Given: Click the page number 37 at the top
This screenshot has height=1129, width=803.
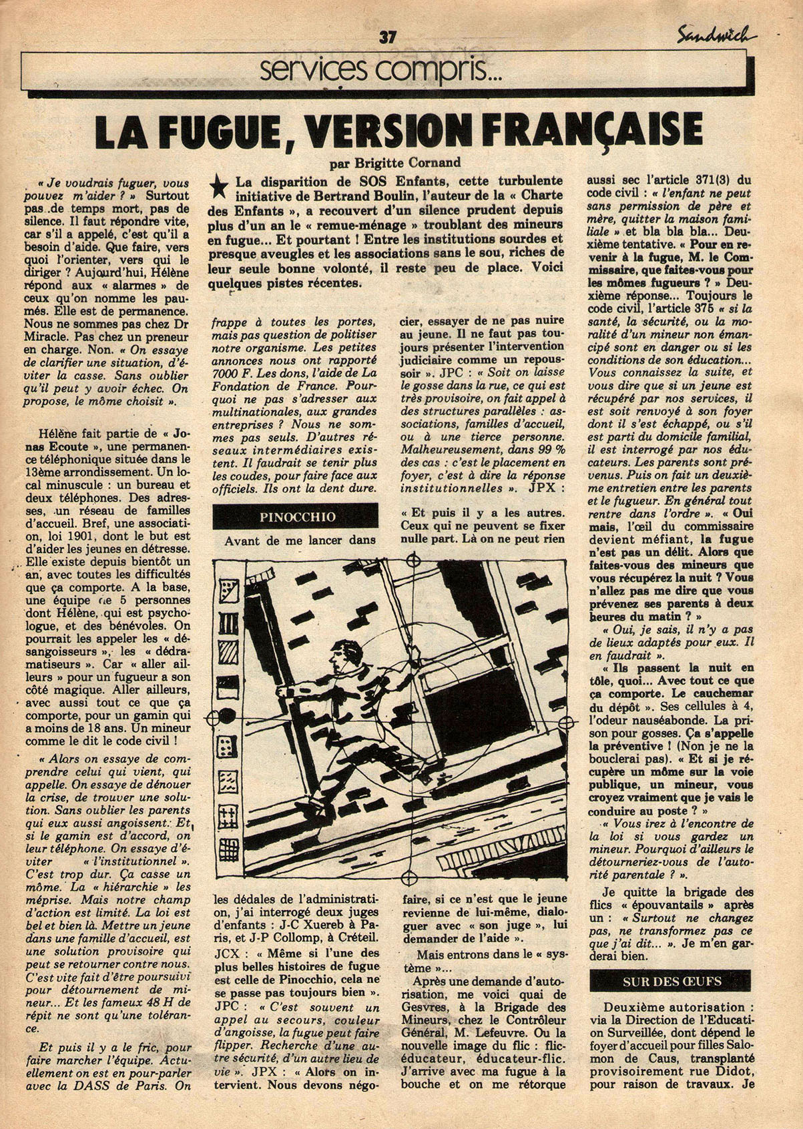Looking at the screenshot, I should (387, 38).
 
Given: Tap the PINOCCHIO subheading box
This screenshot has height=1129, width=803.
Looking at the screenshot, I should (295, 516).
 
